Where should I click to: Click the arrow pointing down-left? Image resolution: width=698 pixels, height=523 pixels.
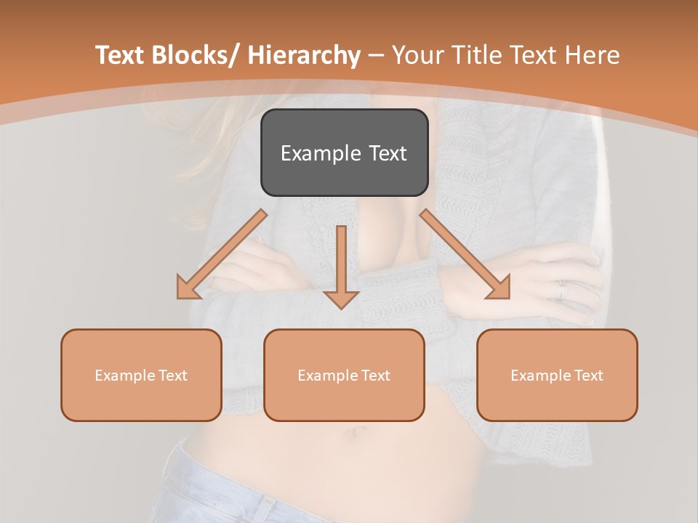222,254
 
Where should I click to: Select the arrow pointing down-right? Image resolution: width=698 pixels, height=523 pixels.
465,254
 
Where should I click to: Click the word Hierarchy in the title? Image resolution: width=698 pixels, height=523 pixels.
304,55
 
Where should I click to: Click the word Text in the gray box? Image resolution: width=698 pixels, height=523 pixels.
388,153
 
